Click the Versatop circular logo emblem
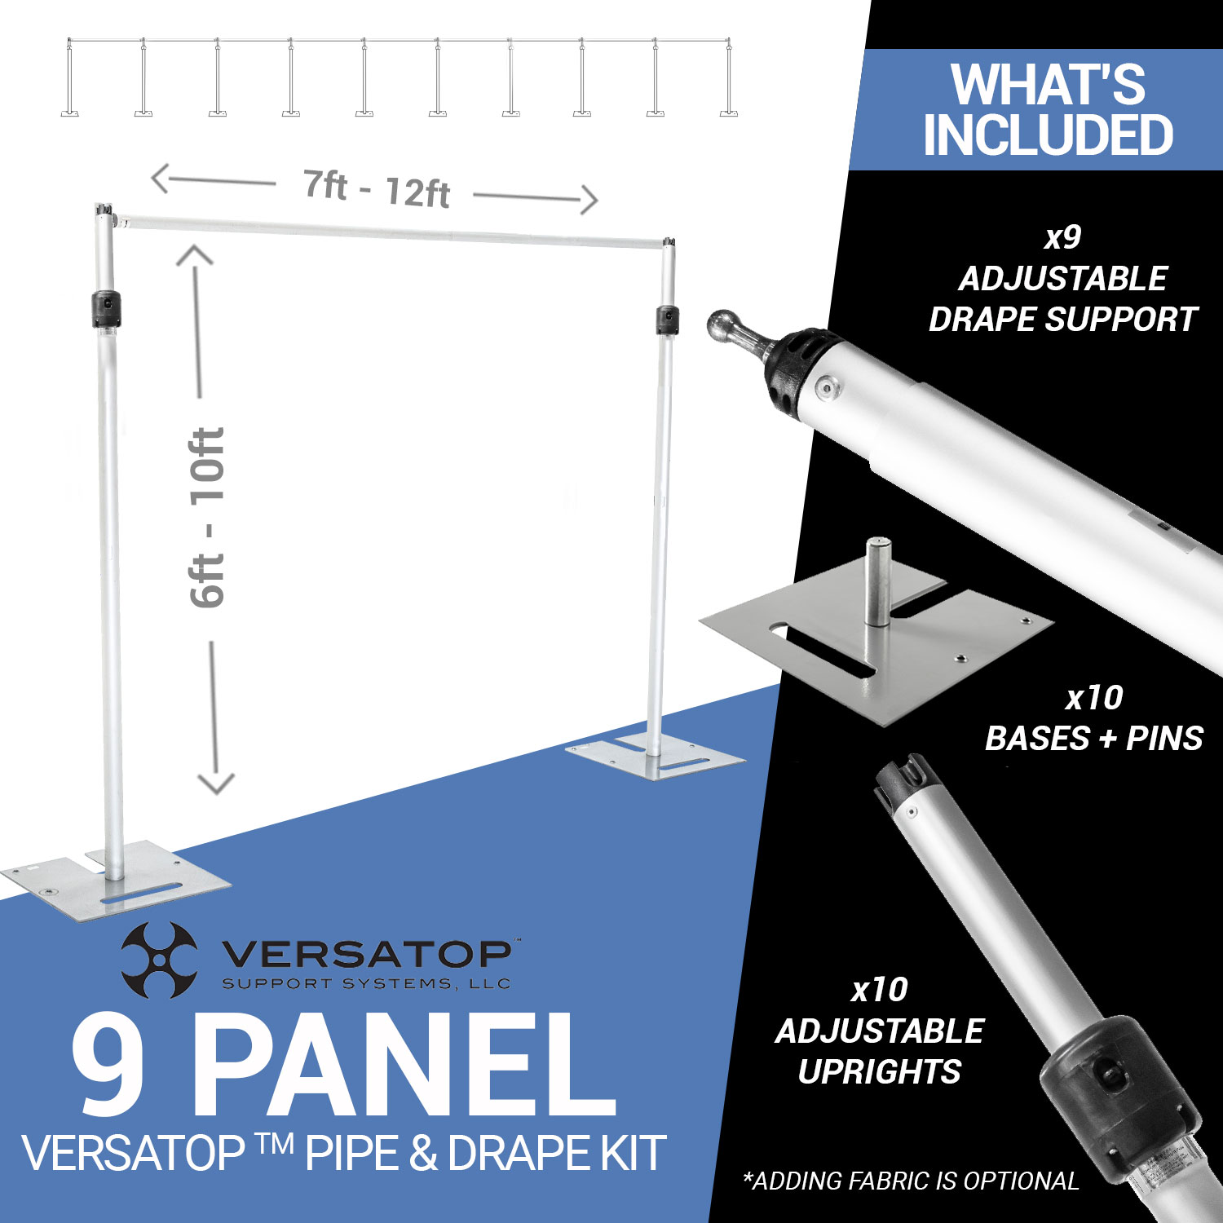(x=159, y=960)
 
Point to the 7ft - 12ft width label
(x=377, y=188)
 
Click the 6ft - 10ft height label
(x=207, y=518)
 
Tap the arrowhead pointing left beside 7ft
(x=161, y=179)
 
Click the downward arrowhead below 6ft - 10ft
(x=216, y=784)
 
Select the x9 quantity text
(x=1063, y=237)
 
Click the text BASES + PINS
(x=1094, y=739)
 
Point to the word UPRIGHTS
(x=880, y=1071)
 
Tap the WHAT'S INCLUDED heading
(x=1049, y=109)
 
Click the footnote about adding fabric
(x=911, y=1181)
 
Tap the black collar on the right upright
(x=667, y=319)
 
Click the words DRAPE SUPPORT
(x=1063, y=320)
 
